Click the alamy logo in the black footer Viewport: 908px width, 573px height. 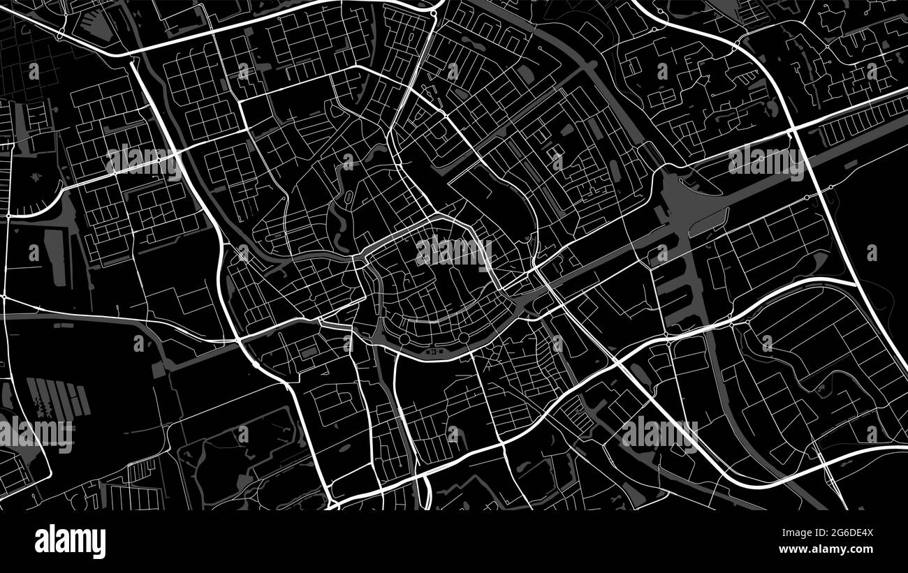71,542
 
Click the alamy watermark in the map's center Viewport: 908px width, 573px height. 453,252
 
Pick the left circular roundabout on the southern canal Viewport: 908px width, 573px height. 404,339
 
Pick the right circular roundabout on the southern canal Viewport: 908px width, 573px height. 463,339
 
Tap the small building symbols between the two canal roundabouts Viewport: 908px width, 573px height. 433,353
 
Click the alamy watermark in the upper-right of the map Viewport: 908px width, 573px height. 766,161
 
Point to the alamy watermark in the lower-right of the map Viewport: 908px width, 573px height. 659,433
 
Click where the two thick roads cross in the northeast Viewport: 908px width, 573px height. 793,131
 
